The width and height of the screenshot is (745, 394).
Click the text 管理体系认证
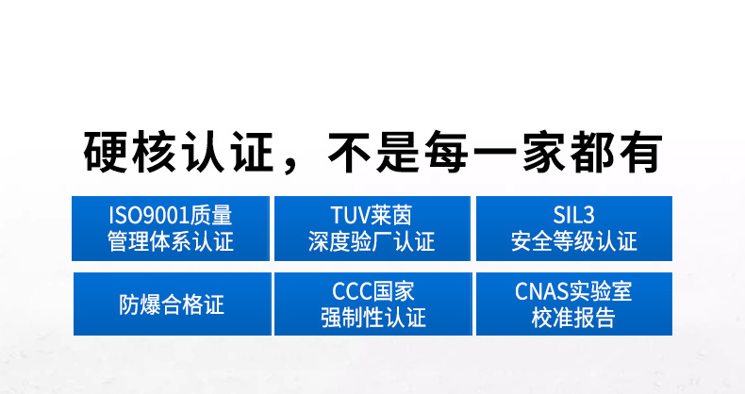pyautogui.click(x=171, y=243)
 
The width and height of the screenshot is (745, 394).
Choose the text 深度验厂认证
pyautogui.click(x=372, y=243)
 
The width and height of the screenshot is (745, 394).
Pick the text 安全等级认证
pyautogui.click(x=573, y=243)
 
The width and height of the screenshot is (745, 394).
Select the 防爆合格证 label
pyautogui.click(x=171, y=304)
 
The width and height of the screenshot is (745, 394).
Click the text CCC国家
pyautogui.click(x=372, y=291)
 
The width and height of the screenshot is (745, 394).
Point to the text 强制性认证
pyautogui.click(x=372, y=319)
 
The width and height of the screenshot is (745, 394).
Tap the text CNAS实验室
pyautogui.click(x=573, y=291)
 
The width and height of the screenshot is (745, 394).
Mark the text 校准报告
pyautogui.click(x=573, y=319)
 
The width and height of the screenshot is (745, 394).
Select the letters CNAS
pyautogui.click(x=540, y=291)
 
